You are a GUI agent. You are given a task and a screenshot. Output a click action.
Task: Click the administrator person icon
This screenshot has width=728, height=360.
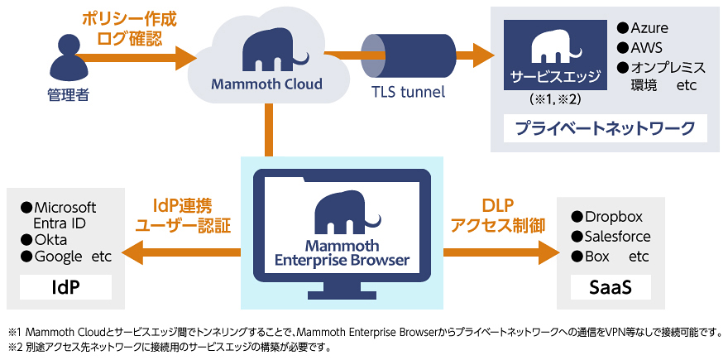[x=67, y=59]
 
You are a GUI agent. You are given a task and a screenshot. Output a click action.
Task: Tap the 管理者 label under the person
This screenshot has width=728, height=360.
[x=68, y=96]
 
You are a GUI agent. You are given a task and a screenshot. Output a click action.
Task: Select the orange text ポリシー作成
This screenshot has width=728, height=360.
[x=129, y=20]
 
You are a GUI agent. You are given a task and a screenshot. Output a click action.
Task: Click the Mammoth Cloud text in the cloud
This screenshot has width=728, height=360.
[x=266, y=84]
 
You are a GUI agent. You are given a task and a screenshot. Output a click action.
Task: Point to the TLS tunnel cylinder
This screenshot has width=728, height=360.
[x=409, y=55]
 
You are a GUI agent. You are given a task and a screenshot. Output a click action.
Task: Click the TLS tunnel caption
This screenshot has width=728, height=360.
[x=408, y=92]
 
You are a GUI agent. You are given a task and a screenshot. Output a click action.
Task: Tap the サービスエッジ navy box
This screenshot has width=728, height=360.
[x=556, y=55]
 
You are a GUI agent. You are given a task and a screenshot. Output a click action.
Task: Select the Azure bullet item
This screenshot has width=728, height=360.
[x=643, y=28]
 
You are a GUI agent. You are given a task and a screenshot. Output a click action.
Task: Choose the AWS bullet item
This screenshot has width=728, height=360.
[x=639, y=47]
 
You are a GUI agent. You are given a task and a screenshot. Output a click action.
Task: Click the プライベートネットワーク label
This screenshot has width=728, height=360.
[x=606, y=128]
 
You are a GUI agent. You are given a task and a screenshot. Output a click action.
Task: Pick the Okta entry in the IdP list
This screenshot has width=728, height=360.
[x=44, y=240]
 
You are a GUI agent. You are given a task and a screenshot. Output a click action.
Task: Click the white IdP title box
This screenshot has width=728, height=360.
[x=65, y=287]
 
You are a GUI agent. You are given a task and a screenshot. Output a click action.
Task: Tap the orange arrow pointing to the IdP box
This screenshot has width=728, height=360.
[x=181, y=252]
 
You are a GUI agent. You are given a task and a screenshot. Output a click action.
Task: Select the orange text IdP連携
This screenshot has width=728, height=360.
[x=182, y=206]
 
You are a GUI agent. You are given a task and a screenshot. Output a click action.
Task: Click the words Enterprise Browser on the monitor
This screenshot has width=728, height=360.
[x=342, y=261]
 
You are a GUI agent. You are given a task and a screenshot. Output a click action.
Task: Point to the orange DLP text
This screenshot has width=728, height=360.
[x=498, y=206]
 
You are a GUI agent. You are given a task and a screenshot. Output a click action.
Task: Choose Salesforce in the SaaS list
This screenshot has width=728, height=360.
[x=611, y=237]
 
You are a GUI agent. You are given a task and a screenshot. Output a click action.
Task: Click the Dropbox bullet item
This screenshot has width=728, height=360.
[x=607, y=217]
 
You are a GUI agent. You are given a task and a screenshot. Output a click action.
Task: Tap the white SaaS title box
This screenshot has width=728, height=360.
[x=611, y=287]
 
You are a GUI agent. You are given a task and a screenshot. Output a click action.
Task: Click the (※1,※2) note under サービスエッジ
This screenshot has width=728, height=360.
[x=555, y=99]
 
